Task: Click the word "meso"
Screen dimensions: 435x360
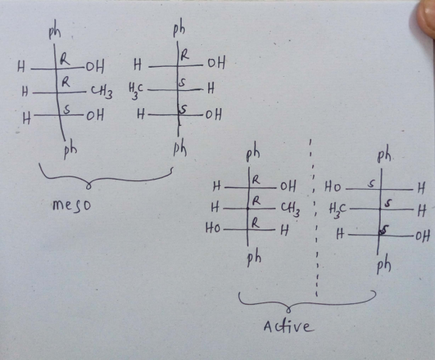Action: coord(71,206)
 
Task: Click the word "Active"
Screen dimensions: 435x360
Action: coord(288,326)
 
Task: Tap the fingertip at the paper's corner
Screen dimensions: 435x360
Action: coord(426,16)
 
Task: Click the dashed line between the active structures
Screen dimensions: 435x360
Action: coord(315,218)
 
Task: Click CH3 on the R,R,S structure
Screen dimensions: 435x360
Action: coord(102,92)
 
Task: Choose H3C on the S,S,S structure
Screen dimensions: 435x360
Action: coord(337,210)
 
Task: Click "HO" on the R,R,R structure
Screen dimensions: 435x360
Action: coord(213,229)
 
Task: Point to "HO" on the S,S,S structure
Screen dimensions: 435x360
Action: coord(332,188)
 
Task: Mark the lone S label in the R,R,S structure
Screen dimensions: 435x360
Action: coord(67,110)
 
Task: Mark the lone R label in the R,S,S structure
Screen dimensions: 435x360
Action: coord(185,54)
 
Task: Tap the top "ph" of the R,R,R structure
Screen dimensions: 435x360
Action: coord(252,155)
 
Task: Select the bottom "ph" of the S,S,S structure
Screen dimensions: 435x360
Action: coord(384,265)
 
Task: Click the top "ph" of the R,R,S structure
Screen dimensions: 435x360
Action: coord(54,33)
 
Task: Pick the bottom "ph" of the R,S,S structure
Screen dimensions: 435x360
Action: coord(180,149)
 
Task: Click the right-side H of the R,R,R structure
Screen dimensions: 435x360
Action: coord(284,230)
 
